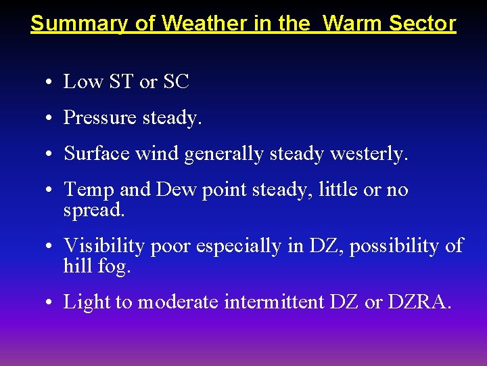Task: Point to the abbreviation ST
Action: coord(120,82)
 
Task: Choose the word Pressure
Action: coord(101,118)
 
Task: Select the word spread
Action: coord(94,211)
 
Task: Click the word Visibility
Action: coord(103,246)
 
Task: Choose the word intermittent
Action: coord(275,302)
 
